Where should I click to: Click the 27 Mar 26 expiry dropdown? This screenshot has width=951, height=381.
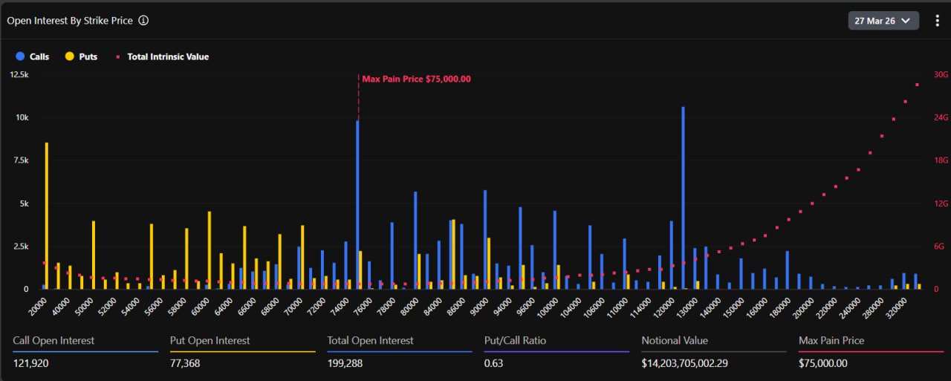point(883,21)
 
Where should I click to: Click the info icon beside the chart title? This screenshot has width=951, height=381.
point(143,21)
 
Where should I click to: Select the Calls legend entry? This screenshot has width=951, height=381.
point(33,56)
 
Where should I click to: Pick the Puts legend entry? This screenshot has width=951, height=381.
point(81,56)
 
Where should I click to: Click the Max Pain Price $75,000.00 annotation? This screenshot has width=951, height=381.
point(416,79)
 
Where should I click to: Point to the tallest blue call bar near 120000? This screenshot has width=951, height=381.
point(683,197)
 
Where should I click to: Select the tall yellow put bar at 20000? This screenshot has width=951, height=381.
point(47,215)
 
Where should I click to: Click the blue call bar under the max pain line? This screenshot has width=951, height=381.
point(357,204)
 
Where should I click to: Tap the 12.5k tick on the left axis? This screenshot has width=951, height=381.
point(19,75)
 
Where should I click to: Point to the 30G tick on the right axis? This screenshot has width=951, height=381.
point(941,75)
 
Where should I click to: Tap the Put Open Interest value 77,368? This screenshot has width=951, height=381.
point(185,363)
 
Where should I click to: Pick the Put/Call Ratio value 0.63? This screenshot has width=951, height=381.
point(493,363)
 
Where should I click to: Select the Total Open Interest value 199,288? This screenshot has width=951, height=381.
point(345,363)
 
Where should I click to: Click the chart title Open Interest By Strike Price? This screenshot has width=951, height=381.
point(70,21)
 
